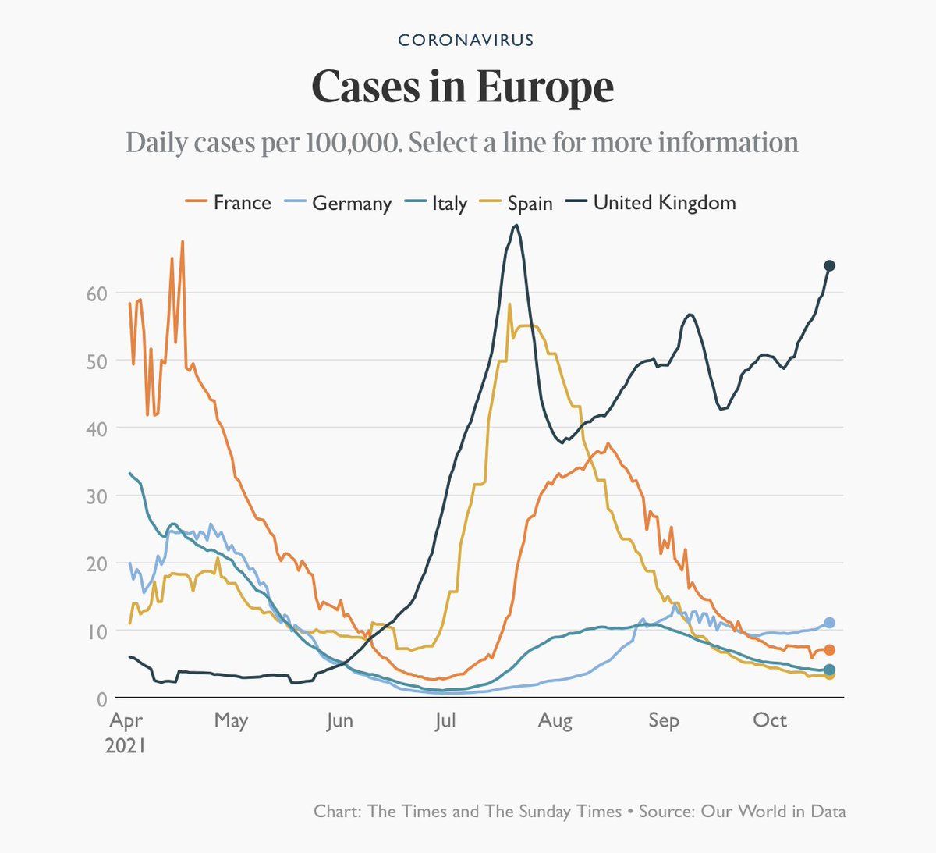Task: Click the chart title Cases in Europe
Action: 463,87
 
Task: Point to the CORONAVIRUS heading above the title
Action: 466,40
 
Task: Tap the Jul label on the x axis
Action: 445,720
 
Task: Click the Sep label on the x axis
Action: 664,720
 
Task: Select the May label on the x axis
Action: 231,720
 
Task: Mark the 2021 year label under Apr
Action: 126,745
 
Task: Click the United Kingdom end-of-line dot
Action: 830,266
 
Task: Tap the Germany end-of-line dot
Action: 830,623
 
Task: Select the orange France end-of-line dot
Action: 830,650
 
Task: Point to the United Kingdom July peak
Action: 516,226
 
